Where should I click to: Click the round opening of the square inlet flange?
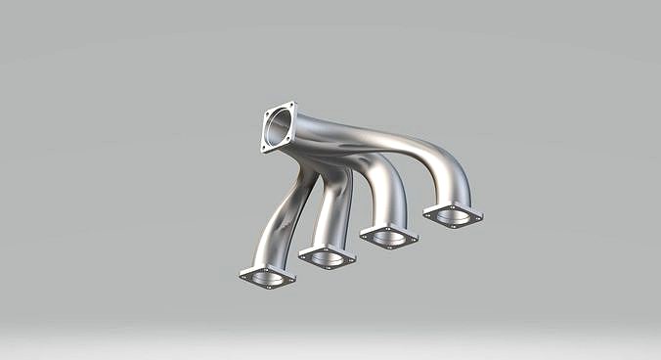[x=279, y=127]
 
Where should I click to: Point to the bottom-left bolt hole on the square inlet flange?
[x=265, y=148]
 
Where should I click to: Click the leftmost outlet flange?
[x=267, y=277]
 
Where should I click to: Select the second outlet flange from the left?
[x=327, y=257]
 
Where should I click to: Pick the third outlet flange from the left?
[x=388, y=236]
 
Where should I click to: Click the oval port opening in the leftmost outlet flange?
[x=267, y=277]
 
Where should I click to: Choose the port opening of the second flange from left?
[x=327, y=256]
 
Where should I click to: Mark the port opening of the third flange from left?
[x=388, y=235]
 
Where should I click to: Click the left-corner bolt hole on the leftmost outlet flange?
[x=244, y=275]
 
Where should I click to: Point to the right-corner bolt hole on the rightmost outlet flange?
[x=476, y=216]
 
